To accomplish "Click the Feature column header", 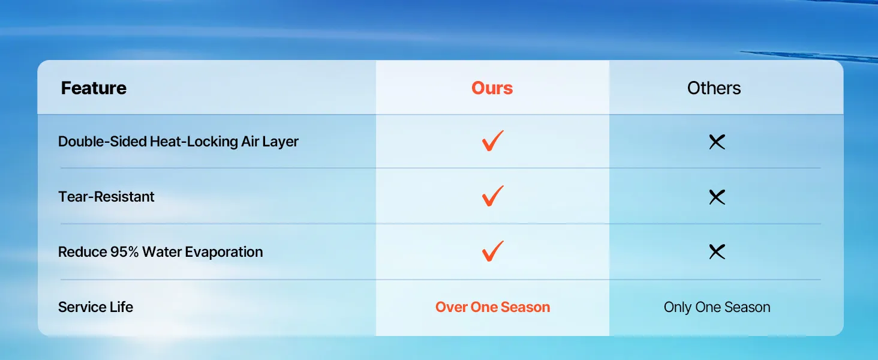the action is (94, 88).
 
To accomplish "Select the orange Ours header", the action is (492, 88).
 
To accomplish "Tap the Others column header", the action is (714, 88).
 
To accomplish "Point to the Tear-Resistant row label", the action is (106, 196).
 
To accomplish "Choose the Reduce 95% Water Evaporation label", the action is (160, 252).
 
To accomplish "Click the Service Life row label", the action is (95, 307).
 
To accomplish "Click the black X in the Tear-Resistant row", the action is (717, 197).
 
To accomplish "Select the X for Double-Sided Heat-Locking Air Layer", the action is (717, 142).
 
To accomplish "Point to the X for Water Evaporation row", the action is (717, 252).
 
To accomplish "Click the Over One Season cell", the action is (493, 307).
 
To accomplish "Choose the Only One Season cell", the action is (717, 307).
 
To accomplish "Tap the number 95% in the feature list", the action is (124, 252).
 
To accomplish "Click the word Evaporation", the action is (224, 252).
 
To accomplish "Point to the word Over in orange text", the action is (451, 307).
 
